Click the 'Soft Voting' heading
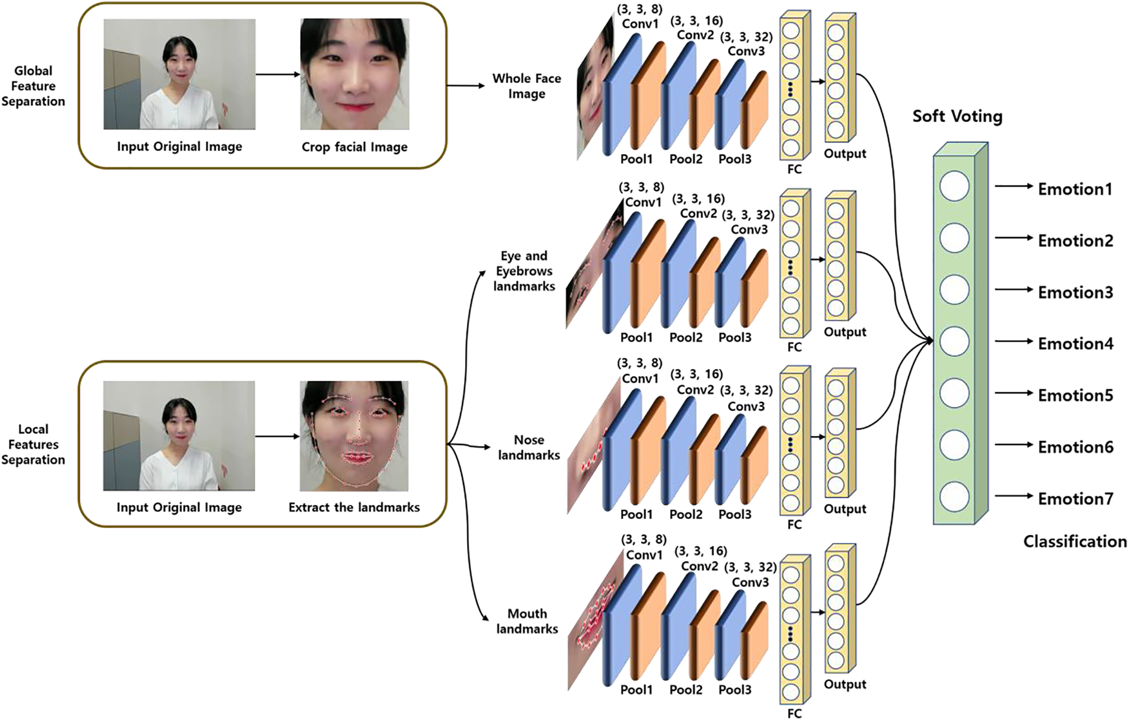957,116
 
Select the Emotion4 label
1075,344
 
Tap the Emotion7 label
1075,498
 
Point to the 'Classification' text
1074,541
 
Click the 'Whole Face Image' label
526,86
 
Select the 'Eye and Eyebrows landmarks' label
524,271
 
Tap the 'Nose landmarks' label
529,447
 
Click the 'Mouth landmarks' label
527,621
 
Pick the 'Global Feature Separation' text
33,86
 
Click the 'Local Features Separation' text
33,444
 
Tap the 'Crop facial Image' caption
354,147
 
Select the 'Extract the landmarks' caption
354,507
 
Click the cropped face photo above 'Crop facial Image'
354,74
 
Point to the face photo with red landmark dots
354,436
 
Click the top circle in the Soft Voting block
954,186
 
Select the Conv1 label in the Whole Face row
639,24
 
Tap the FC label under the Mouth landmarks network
794,713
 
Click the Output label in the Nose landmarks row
845,509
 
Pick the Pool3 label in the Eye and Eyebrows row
735,337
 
